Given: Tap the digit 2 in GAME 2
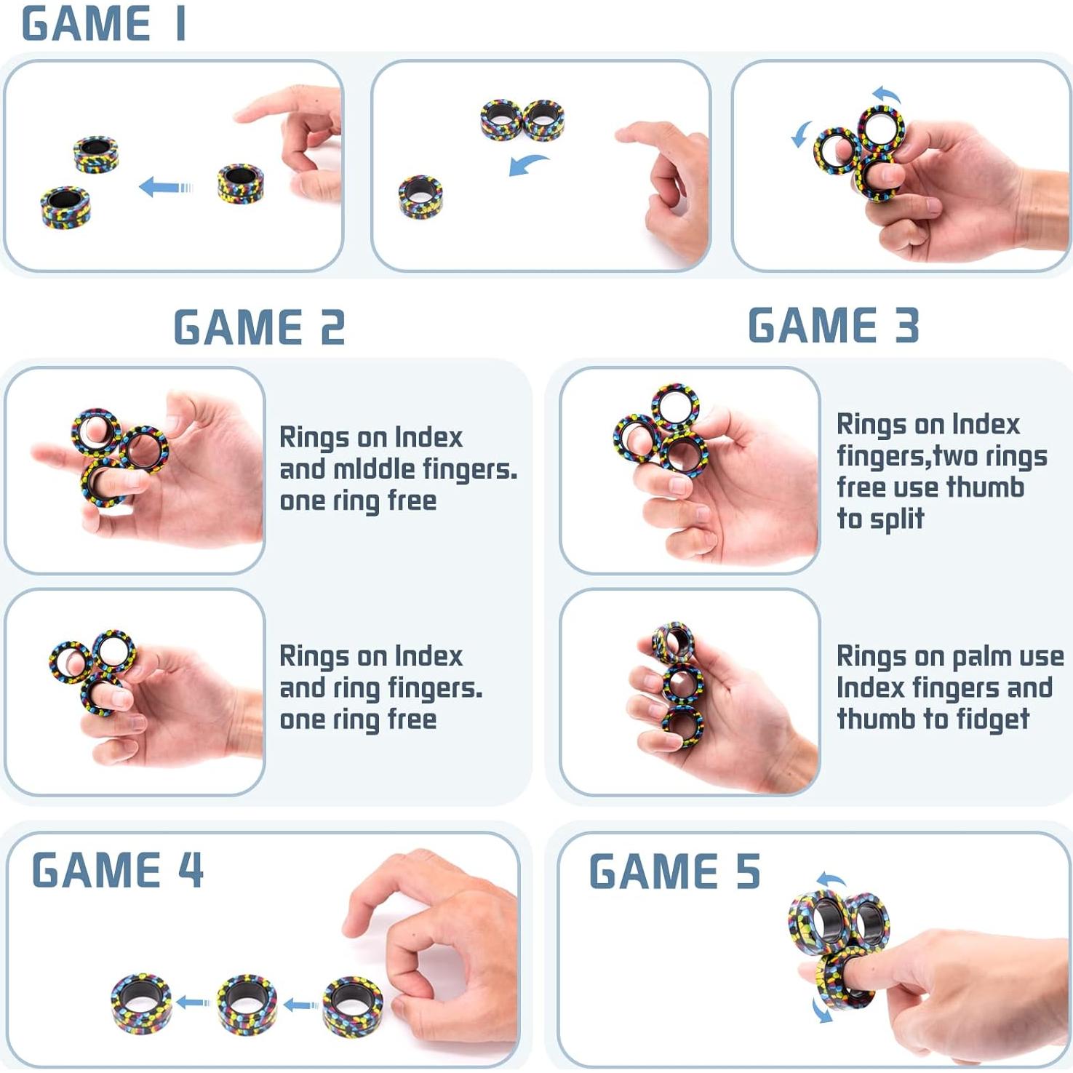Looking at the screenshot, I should (x=332, y=328).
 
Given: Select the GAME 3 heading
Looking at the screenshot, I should (x=833, y=325).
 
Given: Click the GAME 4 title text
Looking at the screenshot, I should (x=117, y=870).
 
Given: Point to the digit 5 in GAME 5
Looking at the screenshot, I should (x=748, y=872).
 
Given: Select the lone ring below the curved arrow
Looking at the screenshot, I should (x=420, y=196).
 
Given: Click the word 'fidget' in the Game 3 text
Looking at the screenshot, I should (x=993, y=719).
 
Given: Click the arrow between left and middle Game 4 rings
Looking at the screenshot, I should (x=194, y=1003).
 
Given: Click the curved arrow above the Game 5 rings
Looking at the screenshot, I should (x=830, y=879).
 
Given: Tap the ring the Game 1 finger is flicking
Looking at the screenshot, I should (x=241, y=183).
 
